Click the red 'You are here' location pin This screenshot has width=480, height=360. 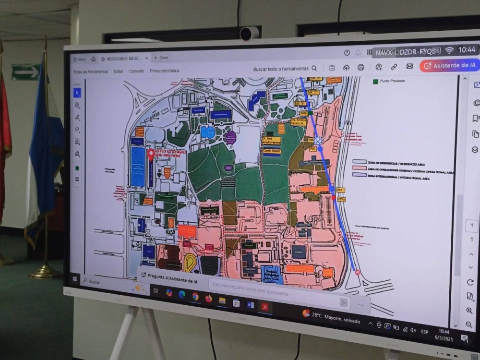tap(151, 154)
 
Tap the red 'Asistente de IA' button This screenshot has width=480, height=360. tap(449, 66)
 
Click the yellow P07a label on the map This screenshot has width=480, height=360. tap(341, 199)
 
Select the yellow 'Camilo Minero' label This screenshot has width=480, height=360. tap(272, 151)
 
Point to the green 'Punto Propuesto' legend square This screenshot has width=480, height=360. tap(375, 81)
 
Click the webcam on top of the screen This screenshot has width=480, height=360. tap(249, 33)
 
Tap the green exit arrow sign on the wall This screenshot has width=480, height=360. tap(25, 72)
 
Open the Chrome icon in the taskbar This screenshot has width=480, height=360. tap(195, 296)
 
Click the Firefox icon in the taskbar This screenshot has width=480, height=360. tap(208, 298)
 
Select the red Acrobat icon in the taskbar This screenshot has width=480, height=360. tap(264, 306)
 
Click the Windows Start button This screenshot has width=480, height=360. tap(75, 279)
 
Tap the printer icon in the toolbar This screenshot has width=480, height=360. tap(361, 67)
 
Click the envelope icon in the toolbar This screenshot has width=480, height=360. tap(409, 66)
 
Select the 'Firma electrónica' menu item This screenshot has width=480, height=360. tap(164, 71)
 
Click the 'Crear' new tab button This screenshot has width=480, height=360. tap(161, 58)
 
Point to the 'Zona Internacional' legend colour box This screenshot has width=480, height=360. tap(360, 175)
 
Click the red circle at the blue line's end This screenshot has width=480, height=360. tap(357, 272)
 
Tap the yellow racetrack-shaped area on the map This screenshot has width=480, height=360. tap(190, 263)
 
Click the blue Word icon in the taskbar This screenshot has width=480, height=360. tap(250, 304)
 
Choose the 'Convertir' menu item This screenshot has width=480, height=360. tap(136, 71)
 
